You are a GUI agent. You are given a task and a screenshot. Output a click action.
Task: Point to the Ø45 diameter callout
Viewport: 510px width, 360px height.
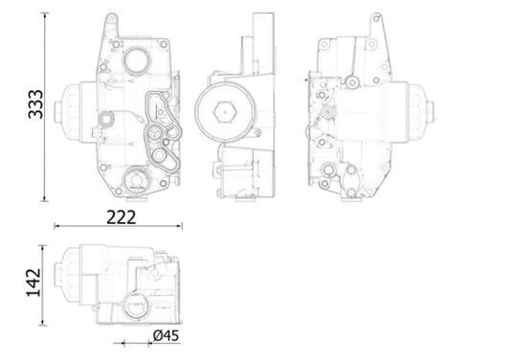(166, 336)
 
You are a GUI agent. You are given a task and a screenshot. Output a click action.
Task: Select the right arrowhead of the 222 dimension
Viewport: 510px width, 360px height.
(181, 227)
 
